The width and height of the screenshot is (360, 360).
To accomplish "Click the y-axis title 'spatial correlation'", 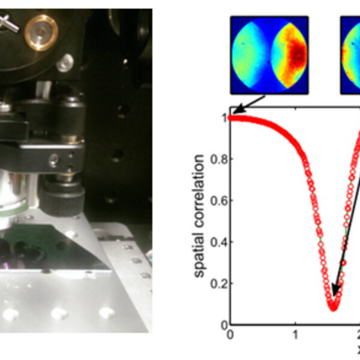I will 200,216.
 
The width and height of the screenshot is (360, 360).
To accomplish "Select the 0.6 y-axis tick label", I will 221,200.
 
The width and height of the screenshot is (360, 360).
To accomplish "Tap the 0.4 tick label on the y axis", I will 221,242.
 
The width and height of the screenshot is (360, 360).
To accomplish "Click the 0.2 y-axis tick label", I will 221,283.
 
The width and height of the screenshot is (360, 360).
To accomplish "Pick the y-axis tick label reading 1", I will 224,118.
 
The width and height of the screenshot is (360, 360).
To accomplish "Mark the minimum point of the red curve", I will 334,305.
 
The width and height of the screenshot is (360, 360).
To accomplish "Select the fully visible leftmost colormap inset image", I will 269,55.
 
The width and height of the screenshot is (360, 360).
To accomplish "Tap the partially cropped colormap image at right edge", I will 350,55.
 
